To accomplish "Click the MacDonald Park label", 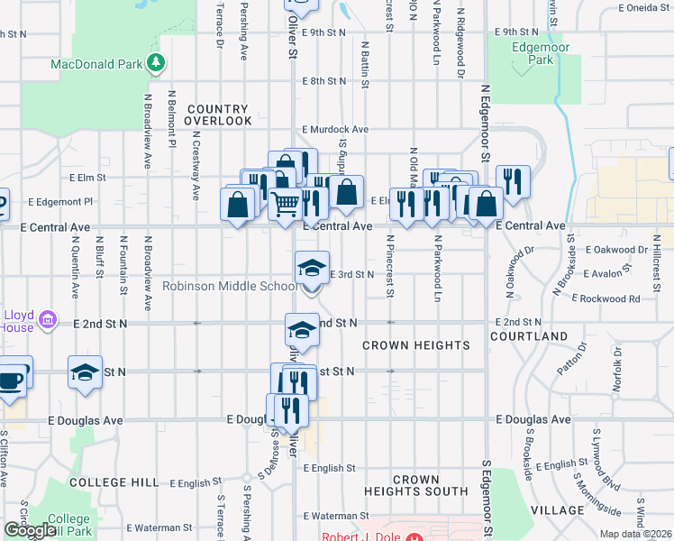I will coord(96,64).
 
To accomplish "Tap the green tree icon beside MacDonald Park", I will coord(157,62).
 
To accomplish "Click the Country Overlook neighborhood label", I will coord(218,115).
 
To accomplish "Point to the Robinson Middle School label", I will coord(229,287).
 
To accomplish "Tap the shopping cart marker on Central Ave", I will coord(286,205).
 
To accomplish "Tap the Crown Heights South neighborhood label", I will coord(415,485).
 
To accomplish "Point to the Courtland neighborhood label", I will coord(529,336).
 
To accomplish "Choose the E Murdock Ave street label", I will coord(335,130).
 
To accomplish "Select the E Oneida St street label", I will coord(643,7).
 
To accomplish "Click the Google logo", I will coord(31,530).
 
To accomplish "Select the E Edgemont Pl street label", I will coord(60,203).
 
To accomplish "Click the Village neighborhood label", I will coord(558,510).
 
